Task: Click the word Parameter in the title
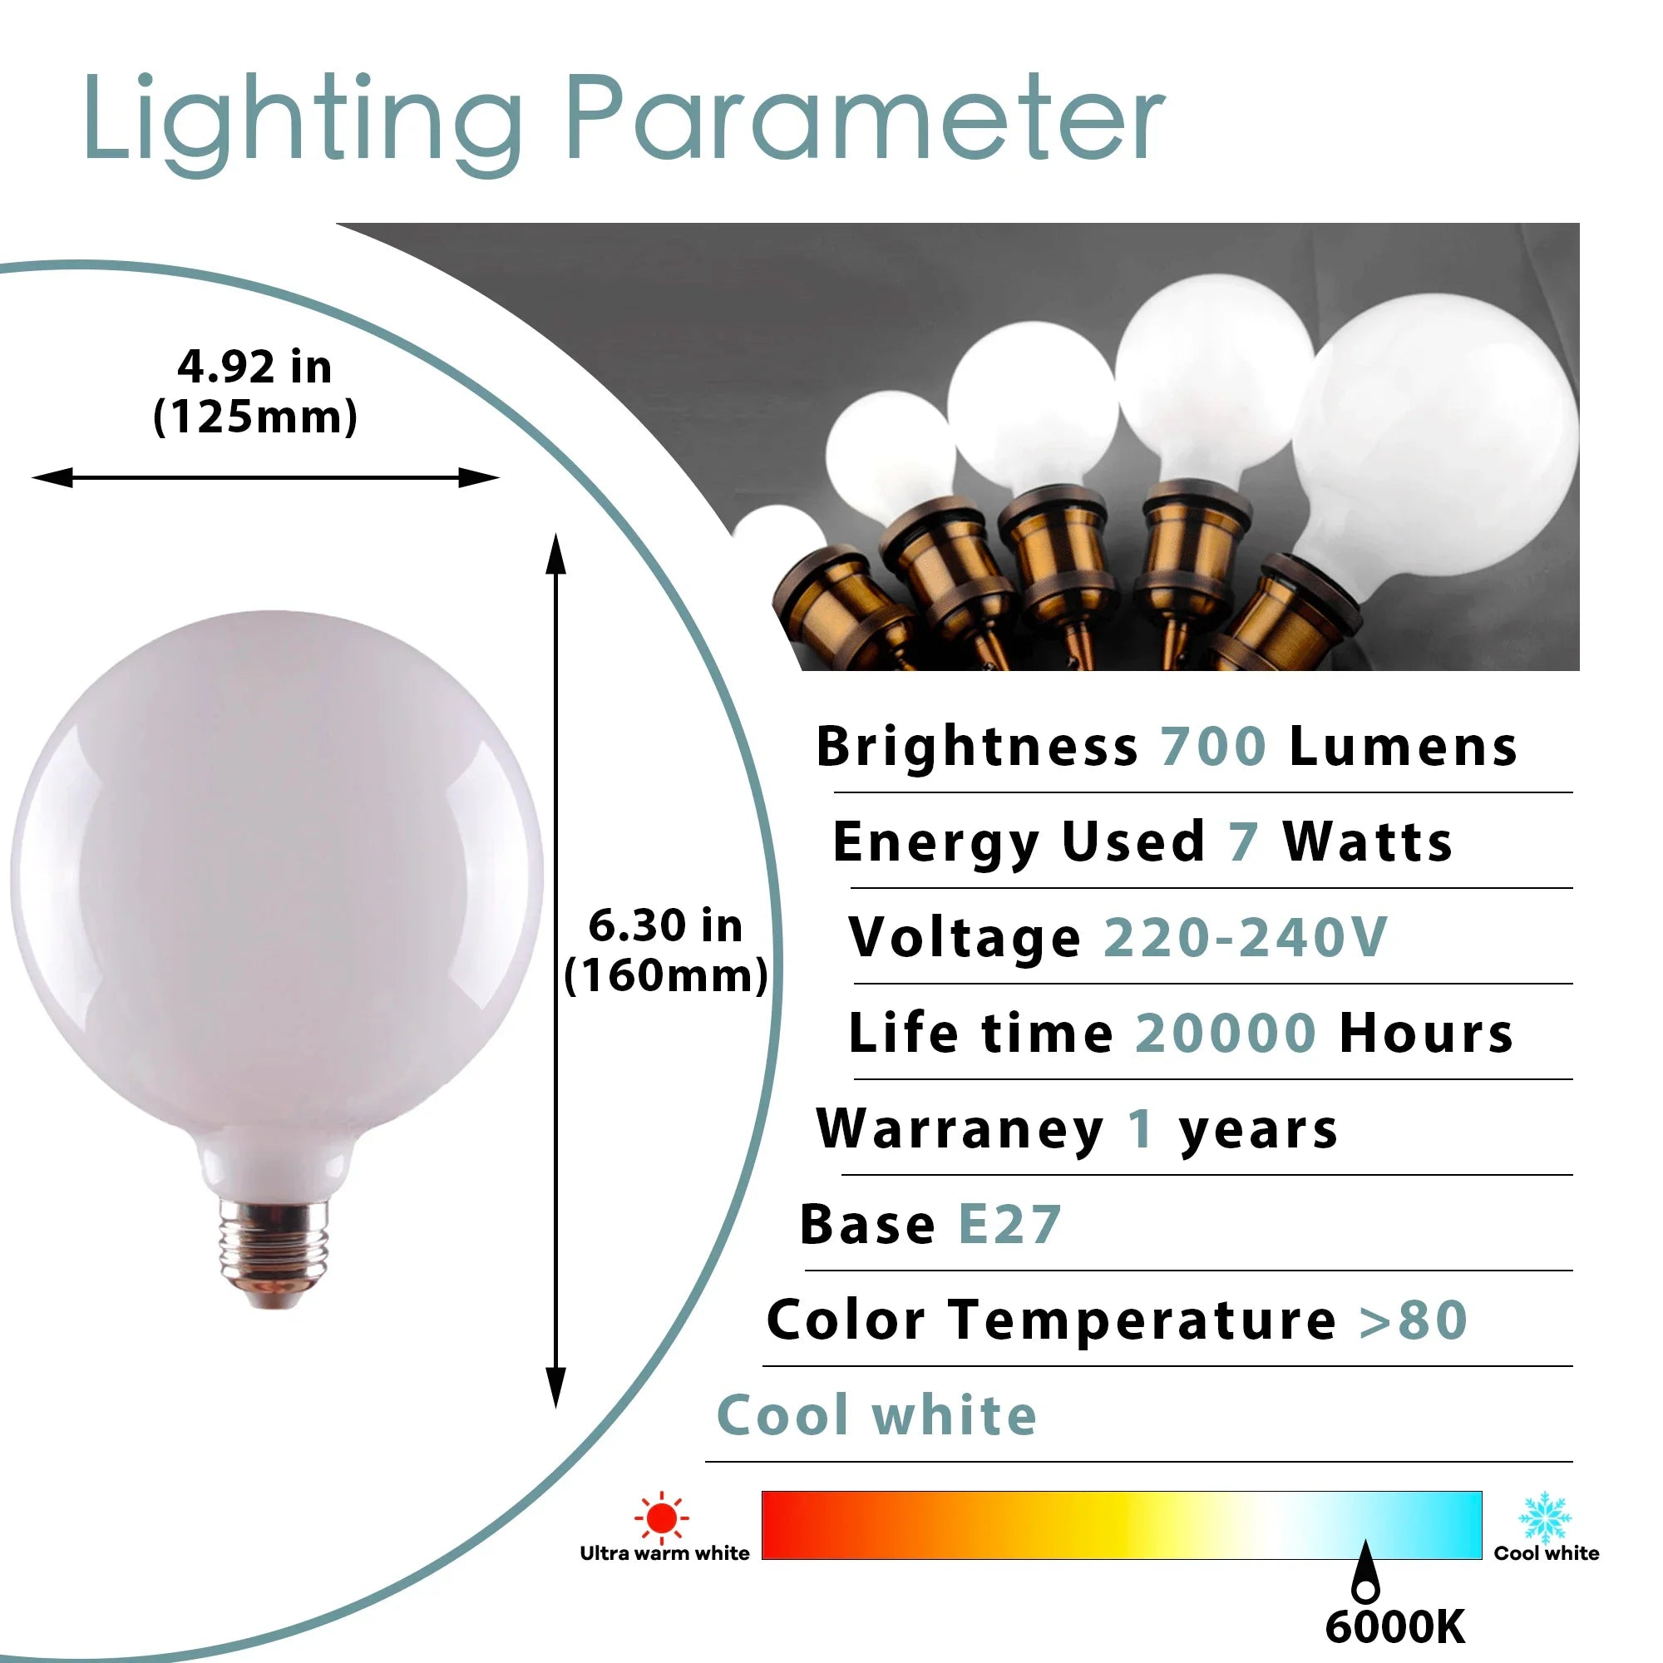[865, 118]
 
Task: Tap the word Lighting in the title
[302, 125]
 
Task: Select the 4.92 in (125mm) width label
[254, 392]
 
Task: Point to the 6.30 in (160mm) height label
[665, 950]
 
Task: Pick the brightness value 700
[1213, 747]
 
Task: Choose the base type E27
[1009, 1225]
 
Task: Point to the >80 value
[1414, 1320]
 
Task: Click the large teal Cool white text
[877, 1416]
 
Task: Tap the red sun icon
[661, 1517]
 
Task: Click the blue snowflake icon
[1545, 1517]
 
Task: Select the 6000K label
[1395, 1627]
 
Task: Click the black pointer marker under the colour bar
[1365, 1571]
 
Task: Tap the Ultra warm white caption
[664, 1552]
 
